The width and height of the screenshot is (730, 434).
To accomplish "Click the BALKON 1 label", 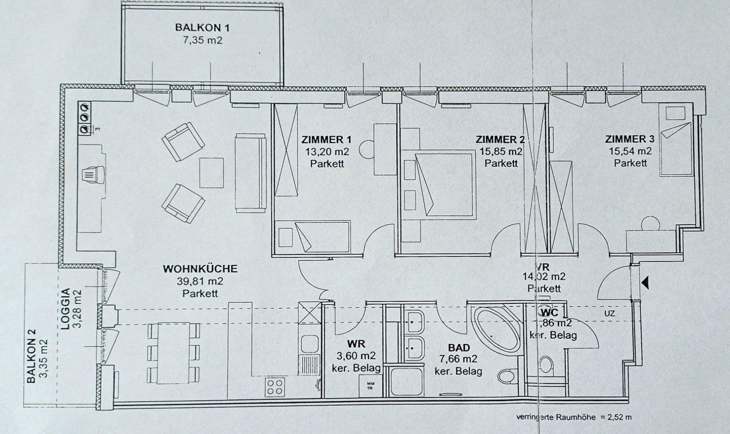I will [202, 28].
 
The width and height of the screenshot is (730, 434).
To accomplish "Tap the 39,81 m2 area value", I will [200, 281].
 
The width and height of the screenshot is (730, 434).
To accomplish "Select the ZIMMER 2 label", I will [500, 140].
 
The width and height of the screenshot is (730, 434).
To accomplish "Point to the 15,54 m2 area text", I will [630, 151].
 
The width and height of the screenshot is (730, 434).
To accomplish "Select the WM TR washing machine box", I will [370, 385].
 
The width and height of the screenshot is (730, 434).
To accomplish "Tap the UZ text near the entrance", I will [609, 314].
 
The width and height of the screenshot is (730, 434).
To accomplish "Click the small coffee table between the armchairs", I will [211, 172].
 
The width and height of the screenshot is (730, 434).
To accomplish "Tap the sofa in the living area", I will [250, 173].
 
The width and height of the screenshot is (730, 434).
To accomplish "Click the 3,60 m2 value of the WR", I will [356, 356].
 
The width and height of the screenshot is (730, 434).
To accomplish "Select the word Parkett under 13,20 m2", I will [327, 163].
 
